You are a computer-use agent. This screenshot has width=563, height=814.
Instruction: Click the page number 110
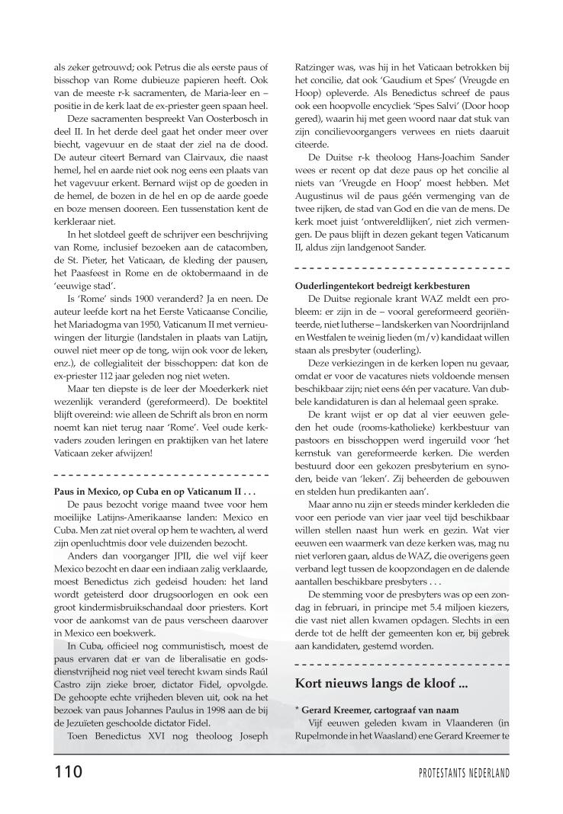click(67, 772)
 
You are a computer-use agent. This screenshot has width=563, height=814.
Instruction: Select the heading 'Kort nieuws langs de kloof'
click(381, 683)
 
